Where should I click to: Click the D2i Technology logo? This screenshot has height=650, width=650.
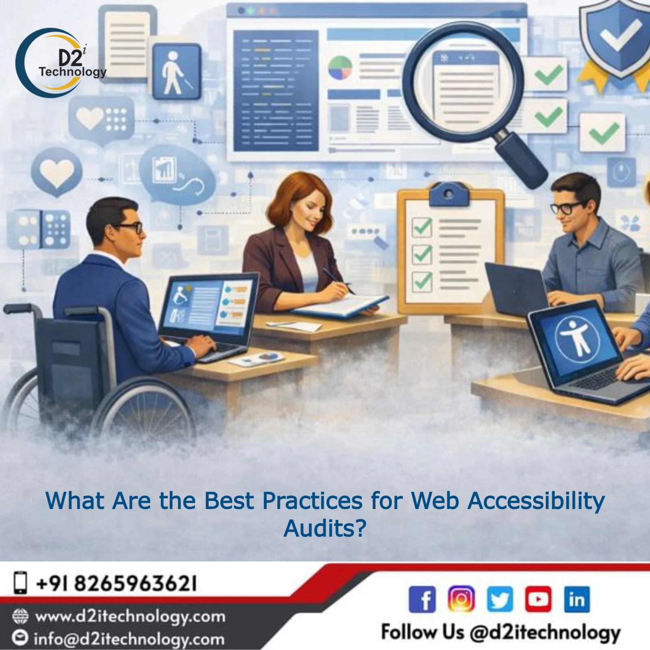[61, 61]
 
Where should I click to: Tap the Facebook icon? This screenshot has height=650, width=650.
[422, 599]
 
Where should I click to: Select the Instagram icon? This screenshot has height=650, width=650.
[461, 599]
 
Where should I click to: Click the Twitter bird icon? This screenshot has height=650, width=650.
[500, 599]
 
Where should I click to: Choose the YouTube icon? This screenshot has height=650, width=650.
[538, 599]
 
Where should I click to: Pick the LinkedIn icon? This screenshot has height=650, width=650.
[577, 599]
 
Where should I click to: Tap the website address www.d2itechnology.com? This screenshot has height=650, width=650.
[130, 617]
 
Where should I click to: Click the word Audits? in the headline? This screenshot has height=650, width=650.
[325, 528]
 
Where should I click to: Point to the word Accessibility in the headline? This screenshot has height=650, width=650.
[536, 501]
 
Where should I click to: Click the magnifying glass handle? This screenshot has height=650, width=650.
[522, 160]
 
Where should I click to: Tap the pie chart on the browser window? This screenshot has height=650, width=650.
[340, 68]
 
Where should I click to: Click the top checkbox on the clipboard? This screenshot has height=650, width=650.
[422, 227]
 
